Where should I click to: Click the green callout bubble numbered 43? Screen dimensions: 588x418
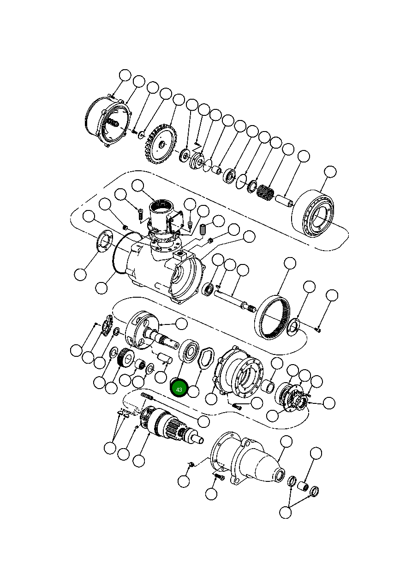point(179,389)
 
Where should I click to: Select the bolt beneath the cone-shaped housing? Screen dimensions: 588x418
point(218,477)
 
